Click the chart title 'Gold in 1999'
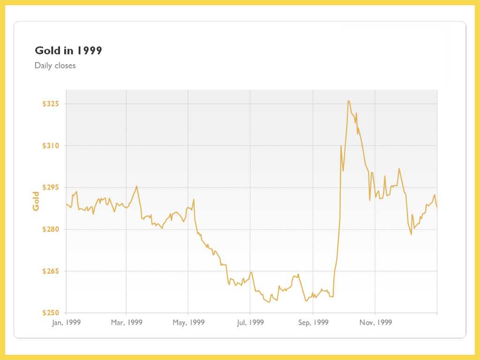[x=68, y=51]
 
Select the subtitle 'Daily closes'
[x=55, y=66]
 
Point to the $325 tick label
[x=52, y=104]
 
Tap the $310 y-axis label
[x=52, y=146]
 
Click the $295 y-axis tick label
[x=52, y=187]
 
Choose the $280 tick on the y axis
[x=52, y=229]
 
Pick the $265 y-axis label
[x=52, y=271]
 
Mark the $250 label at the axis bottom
[x=52, y=313]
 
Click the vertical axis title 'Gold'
[x=36, y=201]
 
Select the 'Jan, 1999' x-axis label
[x=66, y=322]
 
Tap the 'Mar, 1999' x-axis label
[x=127, y=322]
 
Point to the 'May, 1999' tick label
[x=188, y=322]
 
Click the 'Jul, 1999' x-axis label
[x=250, y=322]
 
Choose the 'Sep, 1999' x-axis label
[x=313, y=322]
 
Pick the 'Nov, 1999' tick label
[x=375, y=322]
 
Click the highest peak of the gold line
[x=348, y=101]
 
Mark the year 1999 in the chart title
[x=90, y=51]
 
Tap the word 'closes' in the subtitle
[x=65, y=66]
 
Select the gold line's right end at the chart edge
[x=437, y=207]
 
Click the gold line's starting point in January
[x=67, y=204]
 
